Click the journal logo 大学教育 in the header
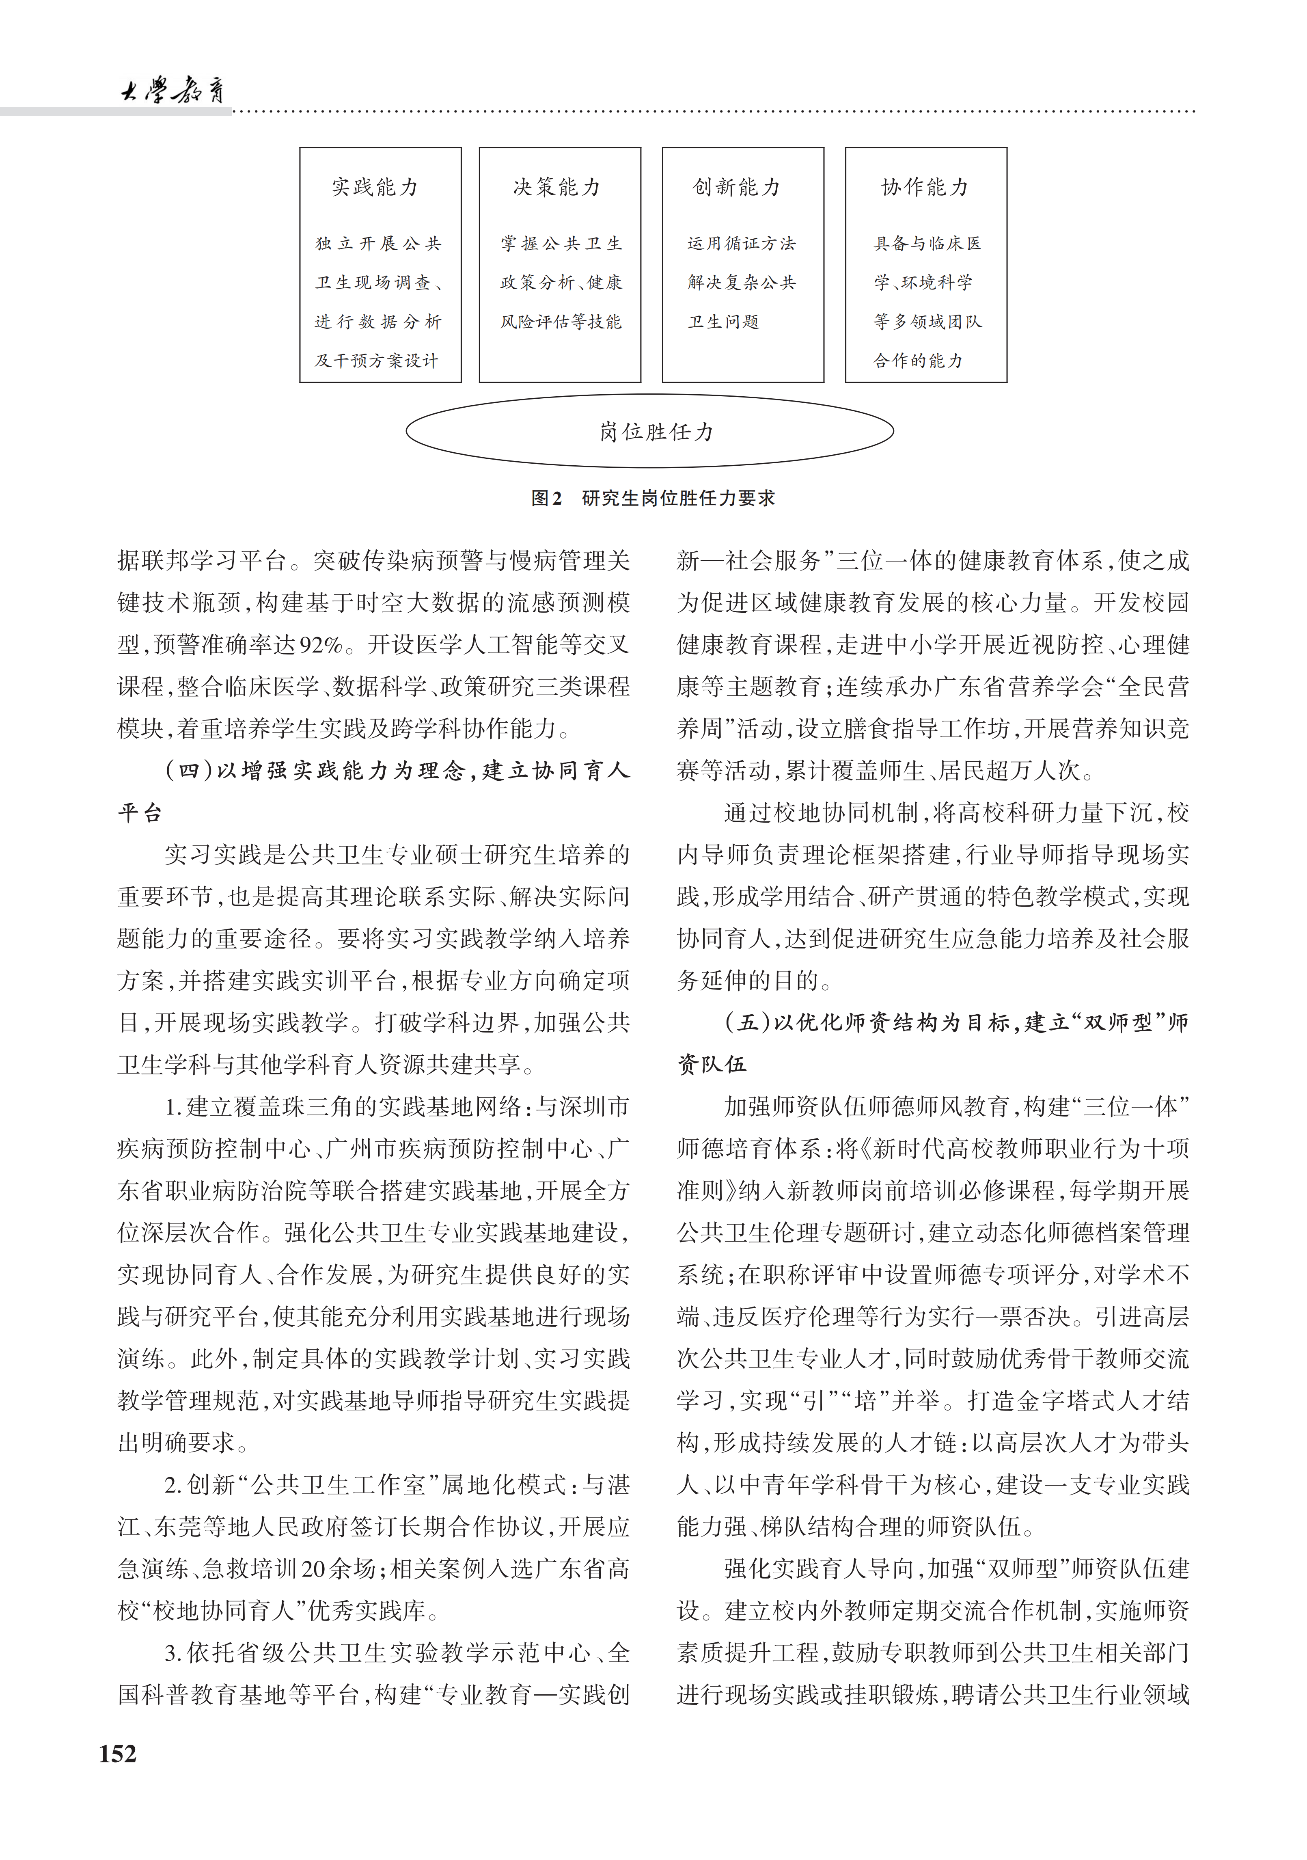[x=172, y=91]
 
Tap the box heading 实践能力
[x=375, y=188]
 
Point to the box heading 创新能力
[x=737, y=188]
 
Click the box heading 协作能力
[x=925, y=188]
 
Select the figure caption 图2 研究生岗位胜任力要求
[x=653, y=498]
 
